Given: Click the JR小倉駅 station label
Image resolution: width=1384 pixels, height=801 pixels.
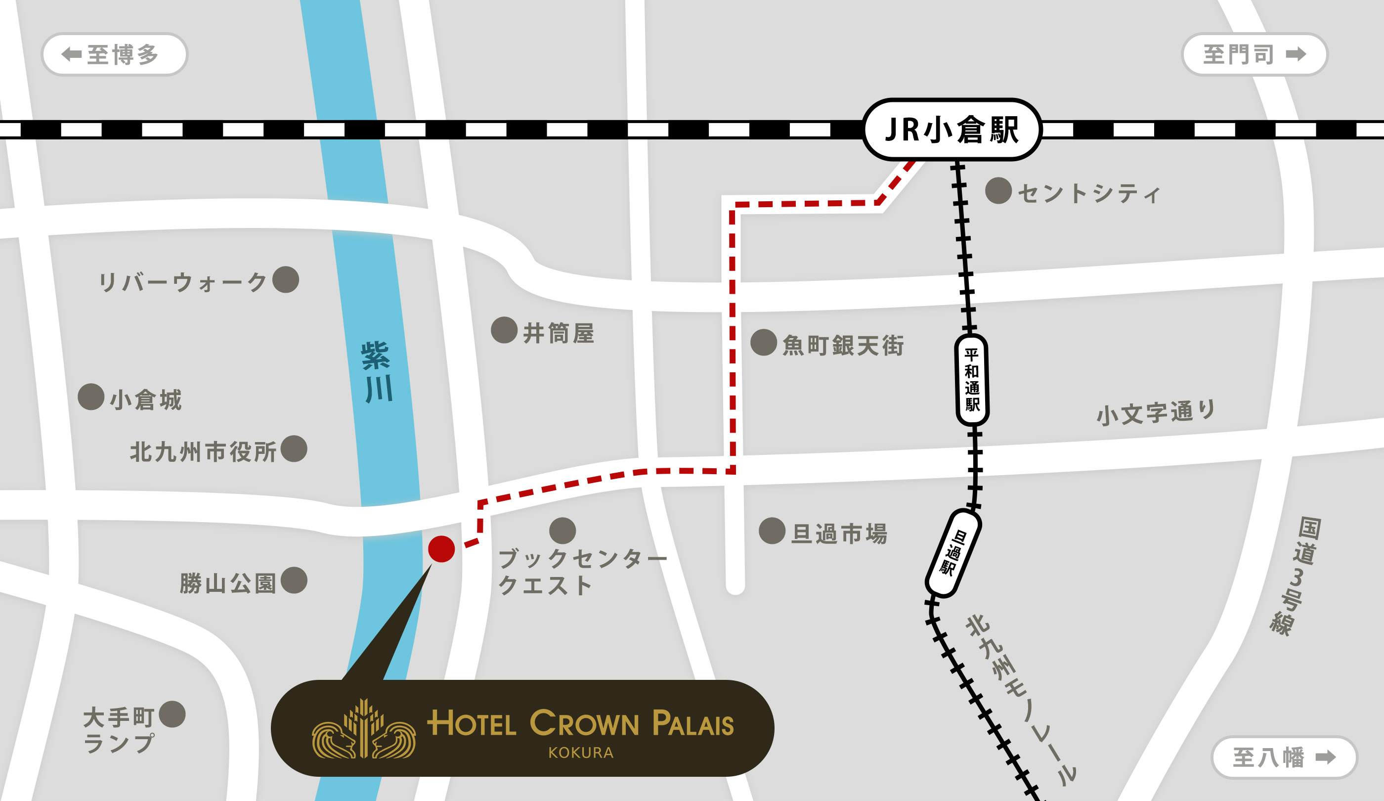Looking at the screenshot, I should (x=952, y=130).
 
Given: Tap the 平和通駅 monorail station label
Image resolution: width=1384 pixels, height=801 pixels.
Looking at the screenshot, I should (x=972, y=380).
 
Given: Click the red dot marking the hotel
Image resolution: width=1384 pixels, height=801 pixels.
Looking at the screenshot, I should (x=441, y=549).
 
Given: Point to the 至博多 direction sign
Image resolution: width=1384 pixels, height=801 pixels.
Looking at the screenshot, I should (x=114, y=54).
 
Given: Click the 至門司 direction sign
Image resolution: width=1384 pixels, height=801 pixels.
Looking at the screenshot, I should (x=1254, y=54).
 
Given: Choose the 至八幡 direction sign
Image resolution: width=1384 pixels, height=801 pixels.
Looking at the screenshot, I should (x=1284, y=757).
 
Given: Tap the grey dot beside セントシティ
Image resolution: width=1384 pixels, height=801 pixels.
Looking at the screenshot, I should (x=998, y=191).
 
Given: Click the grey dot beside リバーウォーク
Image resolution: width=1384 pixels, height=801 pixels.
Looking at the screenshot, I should (x=286, y=280).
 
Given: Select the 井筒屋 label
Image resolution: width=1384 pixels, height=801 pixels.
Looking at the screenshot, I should (x=558, y=333).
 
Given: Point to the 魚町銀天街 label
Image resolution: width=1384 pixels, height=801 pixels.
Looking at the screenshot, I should (x=842, y=346).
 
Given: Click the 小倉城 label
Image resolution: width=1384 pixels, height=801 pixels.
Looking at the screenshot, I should (x=145, y=400).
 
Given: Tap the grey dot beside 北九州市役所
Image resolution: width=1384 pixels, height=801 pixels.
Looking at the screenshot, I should (x=294, y=449).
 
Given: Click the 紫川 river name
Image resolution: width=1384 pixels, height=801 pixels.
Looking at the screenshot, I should (x=377, y=372).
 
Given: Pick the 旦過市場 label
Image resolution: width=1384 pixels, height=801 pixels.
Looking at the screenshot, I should (x=839, y=534).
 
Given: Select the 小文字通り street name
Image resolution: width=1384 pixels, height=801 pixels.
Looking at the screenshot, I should (x=1156, y=412).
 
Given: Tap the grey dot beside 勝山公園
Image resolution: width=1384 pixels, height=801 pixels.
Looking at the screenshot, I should (x=294, y=580).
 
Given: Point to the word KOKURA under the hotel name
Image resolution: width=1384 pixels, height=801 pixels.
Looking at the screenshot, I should (x=580, y=753).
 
